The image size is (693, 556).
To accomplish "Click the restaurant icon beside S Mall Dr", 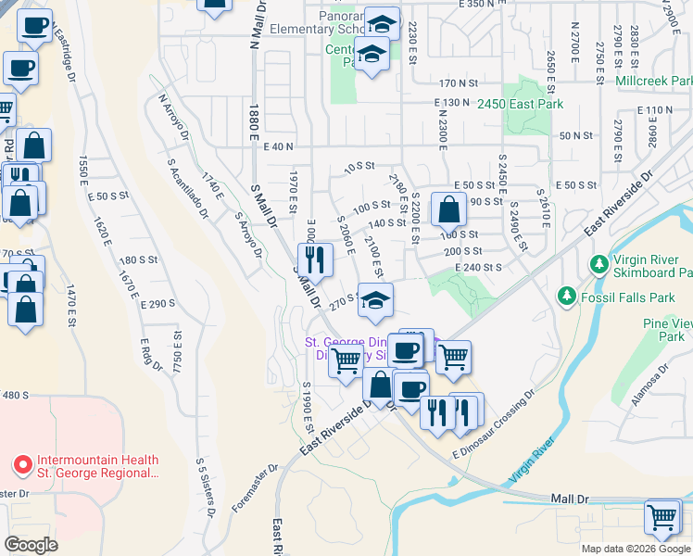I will pos(315,260).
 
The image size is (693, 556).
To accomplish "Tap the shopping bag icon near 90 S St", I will pos(448,210).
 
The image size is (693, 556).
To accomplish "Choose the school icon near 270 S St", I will pos(374,300).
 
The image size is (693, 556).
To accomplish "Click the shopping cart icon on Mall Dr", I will pos(663,516).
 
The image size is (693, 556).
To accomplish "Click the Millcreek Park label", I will pos(653,82).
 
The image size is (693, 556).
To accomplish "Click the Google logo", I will pos(31,545).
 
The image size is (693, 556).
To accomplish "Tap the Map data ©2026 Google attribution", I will pos(635,549).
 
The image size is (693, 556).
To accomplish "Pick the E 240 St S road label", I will pos(478,267).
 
